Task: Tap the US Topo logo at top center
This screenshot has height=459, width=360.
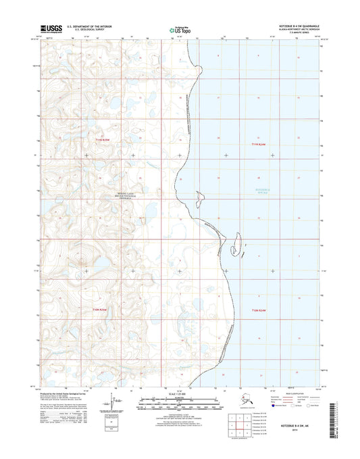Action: click(x=180, y=29)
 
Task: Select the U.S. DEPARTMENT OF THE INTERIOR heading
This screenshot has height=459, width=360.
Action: click(x=89, y=26)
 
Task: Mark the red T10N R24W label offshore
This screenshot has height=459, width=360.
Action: click(x=260, y=310)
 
